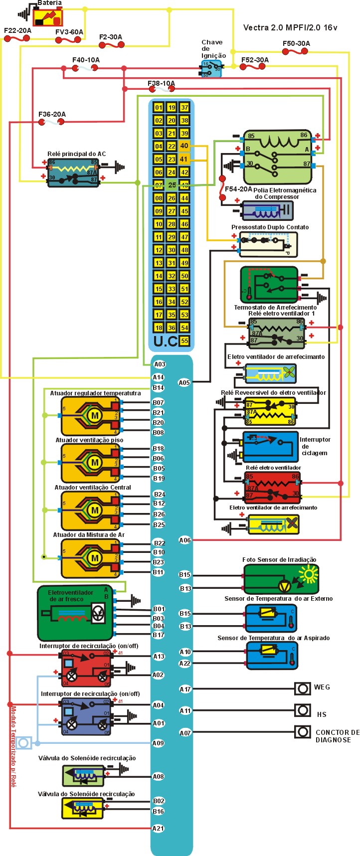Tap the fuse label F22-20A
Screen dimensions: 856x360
coord(17,30)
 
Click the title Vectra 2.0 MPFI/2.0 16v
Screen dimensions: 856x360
coord(290,28)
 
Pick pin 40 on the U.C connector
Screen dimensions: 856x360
coord(184,146)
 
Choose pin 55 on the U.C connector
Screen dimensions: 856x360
coord(184,341)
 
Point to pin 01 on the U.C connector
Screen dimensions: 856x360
coord(159,107)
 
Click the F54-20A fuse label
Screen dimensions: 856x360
coord(238,189)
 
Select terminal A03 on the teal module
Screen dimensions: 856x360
coord(159,365)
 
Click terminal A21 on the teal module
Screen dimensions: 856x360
coord(158,829)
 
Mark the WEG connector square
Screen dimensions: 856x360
coord(302,688)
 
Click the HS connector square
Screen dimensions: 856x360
coord(302,710)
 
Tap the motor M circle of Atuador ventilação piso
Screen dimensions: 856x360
coord(95,463)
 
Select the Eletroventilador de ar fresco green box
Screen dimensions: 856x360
coord(75,613)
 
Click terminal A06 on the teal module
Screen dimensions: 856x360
coord(184,540)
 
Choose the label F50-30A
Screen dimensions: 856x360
coord(296,43)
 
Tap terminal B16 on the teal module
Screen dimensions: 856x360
coord(158,811)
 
